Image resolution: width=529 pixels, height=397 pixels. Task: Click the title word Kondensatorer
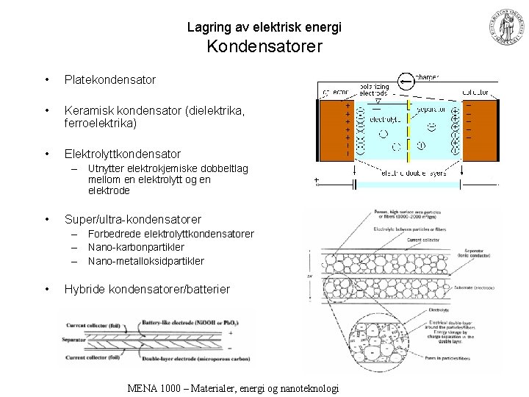tap(264, 48)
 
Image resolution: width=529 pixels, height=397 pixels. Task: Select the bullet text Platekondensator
tap(109, 79)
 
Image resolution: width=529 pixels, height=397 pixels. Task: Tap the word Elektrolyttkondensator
tap(122, 154)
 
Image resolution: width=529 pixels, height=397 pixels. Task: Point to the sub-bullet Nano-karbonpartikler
tap(136, 247)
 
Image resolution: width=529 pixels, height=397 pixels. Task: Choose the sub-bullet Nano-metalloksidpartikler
tap(145, 261)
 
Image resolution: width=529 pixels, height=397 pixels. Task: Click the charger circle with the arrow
tap(404, 79)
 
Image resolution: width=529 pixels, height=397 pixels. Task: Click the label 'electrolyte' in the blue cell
tap(385, 117)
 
